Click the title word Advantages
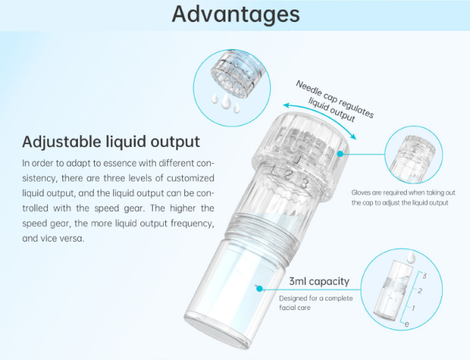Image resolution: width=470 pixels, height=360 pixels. pyautogui.click(x=235, y=15)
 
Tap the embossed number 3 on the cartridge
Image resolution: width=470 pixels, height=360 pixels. pyautogui.click(x=303, y=183)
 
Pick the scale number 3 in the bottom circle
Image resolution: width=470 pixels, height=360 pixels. pyautogui.click(x=423, y=276)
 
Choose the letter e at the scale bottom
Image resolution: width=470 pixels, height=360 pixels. pyautogui.click(x=408, y=323)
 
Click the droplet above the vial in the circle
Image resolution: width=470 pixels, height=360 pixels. pyautogui.click(x=412, y=256)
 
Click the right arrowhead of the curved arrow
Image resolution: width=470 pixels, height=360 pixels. pyautogui.click(x=355, y=137)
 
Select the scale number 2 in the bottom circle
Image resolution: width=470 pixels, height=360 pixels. pyautogui.click(x=419, y=291)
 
